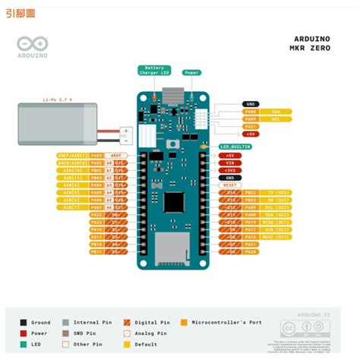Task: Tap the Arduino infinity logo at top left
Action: click(30, 48)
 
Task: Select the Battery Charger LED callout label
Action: click(154, 71)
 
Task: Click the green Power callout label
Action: click(191, 73)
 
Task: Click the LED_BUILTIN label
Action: click(235, 146)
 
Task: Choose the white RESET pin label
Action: click(231, 185)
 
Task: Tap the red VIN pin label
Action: click(231, 162)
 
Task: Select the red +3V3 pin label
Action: click(231, 169)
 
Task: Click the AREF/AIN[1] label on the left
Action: click(73, 154)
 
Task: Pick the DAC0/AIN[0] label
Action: click(73, 162)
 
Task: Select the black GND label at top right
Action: click(251, 104)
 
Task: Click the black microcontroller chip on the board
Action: click(174, 202)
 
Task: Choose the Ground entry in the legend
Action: click(38, 322)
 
